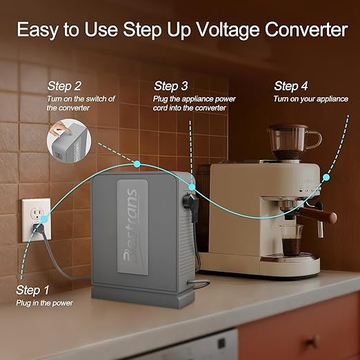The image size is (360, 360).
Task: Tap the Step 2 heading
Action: coord(64,86)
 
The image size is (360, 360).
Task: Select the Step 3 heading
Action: coord(171,86)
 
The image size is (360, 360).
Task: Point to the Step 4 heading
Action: coord(291,86)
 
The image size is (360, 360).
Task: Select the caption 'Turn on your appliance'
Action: coord(310,99)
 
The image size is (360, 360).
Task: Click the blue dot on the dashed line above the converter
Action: coord(137,163)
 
